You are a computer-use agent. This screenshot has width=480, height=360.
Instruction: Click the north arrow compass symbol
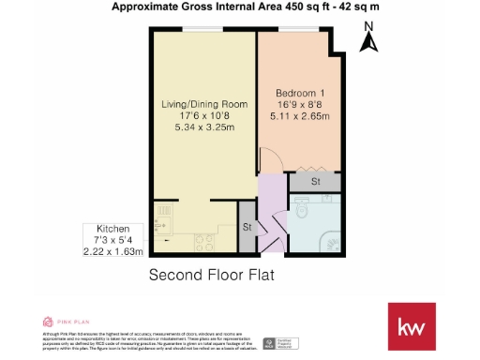(368, 42)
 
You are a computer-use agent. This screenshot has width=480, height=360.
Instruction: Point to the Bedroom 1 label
(300, 94)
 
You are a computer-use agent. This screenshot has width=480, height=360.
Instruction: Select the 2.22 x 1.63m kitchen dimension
(113, 251)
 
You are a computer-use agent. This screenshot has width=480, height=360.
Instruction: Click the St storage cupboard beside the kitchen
(247, 228)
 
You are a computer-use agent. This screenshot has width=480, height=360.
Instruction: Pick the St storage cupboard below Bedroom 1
(316, 180)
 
